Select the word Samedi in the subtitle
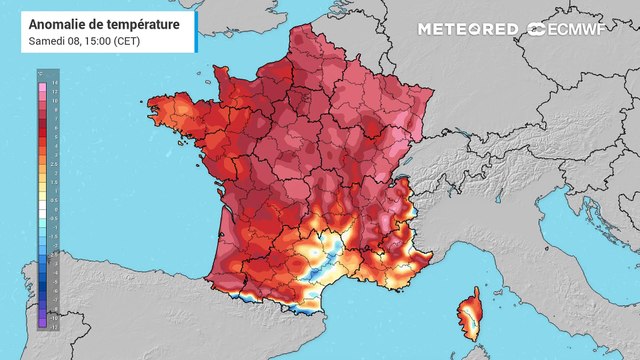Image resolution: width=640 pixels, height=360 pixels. click(45, 40)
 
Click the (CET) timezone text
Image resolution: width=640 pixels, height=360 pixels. click(127, 40)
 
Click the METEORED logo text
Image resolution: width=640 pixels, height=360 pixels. click(468, 30)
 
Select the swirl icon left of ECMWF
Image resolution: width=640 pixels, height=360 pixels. click(536, 30)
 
